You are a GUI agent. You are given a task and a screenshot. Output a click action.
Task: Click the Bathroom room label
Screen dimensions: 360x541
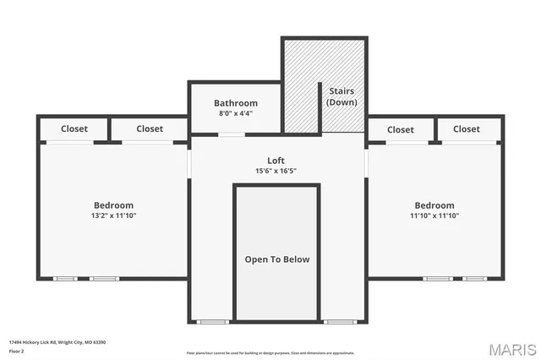tap(235, 103)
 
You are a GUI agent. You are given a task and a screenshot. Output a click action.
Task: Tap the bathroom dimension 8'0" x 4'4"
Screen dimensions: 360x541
tap(235, 113)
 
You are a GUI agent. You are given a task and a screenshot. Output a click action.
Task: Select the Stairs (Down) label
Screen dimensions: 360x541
tap(342, 96)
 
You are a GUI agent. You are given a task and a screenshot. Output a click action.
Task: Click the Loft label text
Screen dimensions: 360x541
tap(276, 161)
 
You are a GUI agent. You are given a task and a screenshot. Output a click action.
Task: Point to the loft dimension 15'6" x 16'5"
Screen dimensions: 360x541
tap(276, 171)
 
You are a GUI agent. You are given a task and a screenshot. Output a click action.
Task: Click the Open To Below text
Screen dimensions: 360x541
tap(276, 259)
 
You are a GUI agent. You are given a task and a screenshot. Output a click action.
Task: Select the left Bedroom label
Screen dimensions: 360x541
tap(113, 205)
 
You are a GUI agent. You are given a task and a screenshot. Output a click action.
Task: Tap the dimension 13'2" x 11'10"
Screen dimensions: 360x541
tap(113, 215)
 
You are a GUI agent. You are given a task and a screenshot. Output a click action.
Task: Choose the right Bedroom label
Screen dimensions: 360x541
tap(434, 205)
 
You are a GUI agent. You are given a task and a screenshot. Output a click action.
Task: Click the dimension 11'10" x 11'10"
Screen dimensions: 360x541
tap(434, 215)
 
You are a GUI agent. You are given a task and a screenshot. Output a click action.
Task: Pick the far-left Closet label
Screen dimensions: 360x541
tap(75, 129)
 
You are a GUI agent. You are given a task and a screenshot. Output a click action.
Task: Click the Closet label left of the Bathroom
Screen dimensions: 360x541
tap(150, 129)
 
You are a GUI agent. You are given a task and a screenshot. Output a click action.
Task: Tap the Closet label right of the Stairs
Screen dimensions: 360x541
tap(401, 130)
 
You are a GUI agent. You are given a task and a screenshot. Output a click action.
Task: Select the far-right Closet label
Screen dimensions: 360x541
tap(466, 129)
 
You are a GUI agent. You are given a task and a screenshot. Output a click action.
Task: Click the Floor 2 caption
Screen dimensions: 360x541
tap(18, 350)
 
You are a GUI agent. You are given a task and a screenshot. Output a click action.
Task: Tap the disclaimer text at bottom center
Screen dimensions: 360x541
tap(270, 353)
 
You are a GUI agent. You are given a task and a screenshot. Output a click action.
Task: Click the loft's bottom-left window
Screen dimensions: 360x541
tap(213, 322)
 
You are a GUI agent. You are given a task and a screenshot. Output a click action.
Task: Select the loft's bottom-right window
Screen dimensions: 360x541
tap(340, 322)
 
